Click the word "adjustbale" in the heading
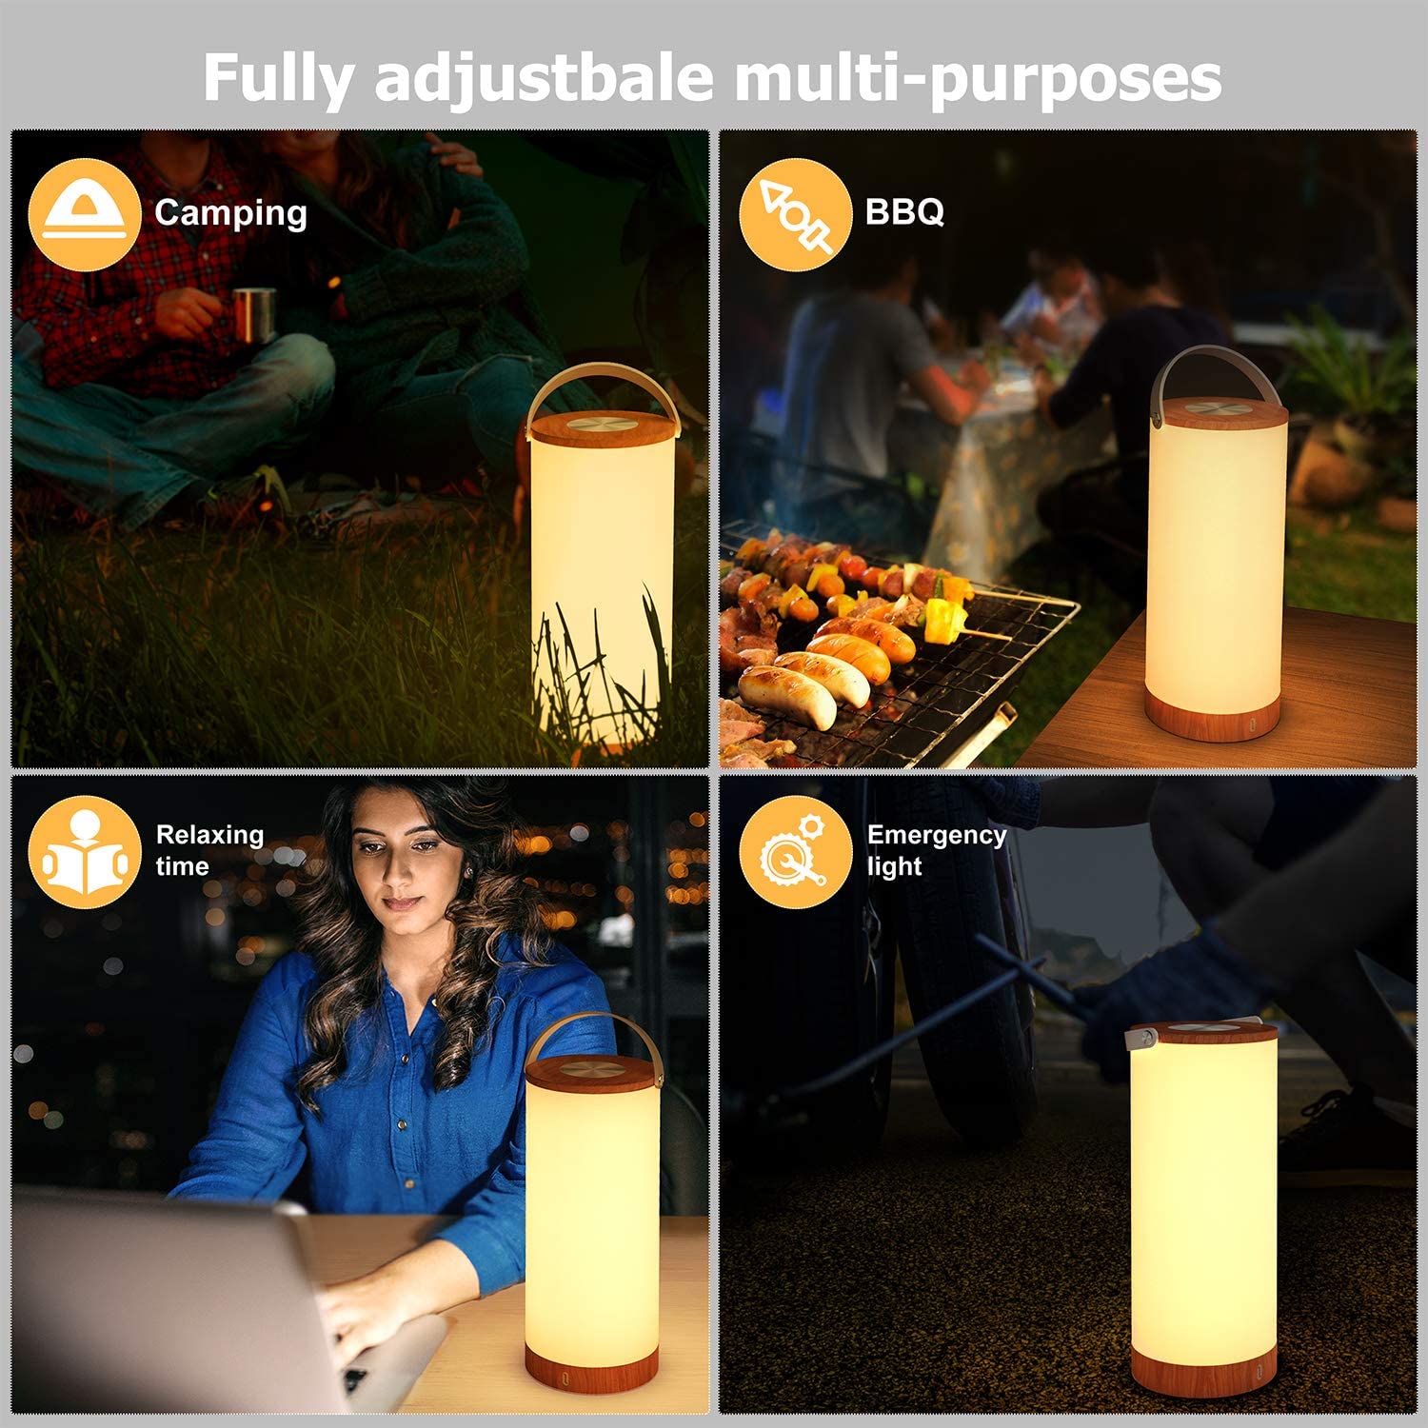pos(544,79)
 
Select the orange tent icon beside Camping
pos(85,214)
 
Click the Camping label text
pos(230,214)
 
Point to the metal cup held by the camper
pos(253,314)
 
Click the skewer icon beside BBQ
pos(795,214)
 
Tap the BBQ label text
pos(904,211)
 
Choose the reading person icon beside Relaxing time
pos(85,851)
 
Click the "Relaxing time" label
pos(209,850)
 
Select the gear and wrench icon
pos(795,851)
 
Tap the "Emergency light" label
pos(937,850)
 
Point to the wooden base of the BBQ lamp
pos(1214,714)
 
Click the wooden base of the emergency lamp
pos(1203,1371)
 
